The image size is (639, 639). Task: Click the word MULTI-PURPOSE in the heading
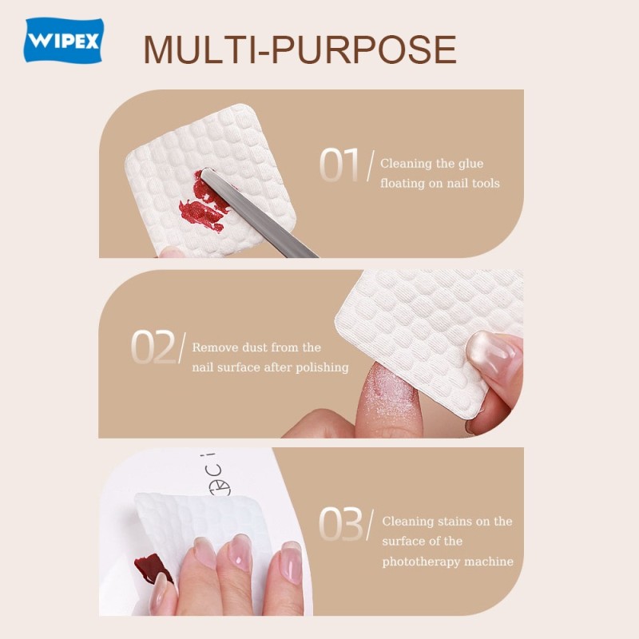coord(300,50)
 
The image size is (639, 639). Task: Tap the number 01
coord(339,165)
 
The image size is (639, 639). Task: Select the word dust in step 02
coord(254,348)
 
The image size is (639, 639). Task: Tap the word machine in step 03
coord(488,562)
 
